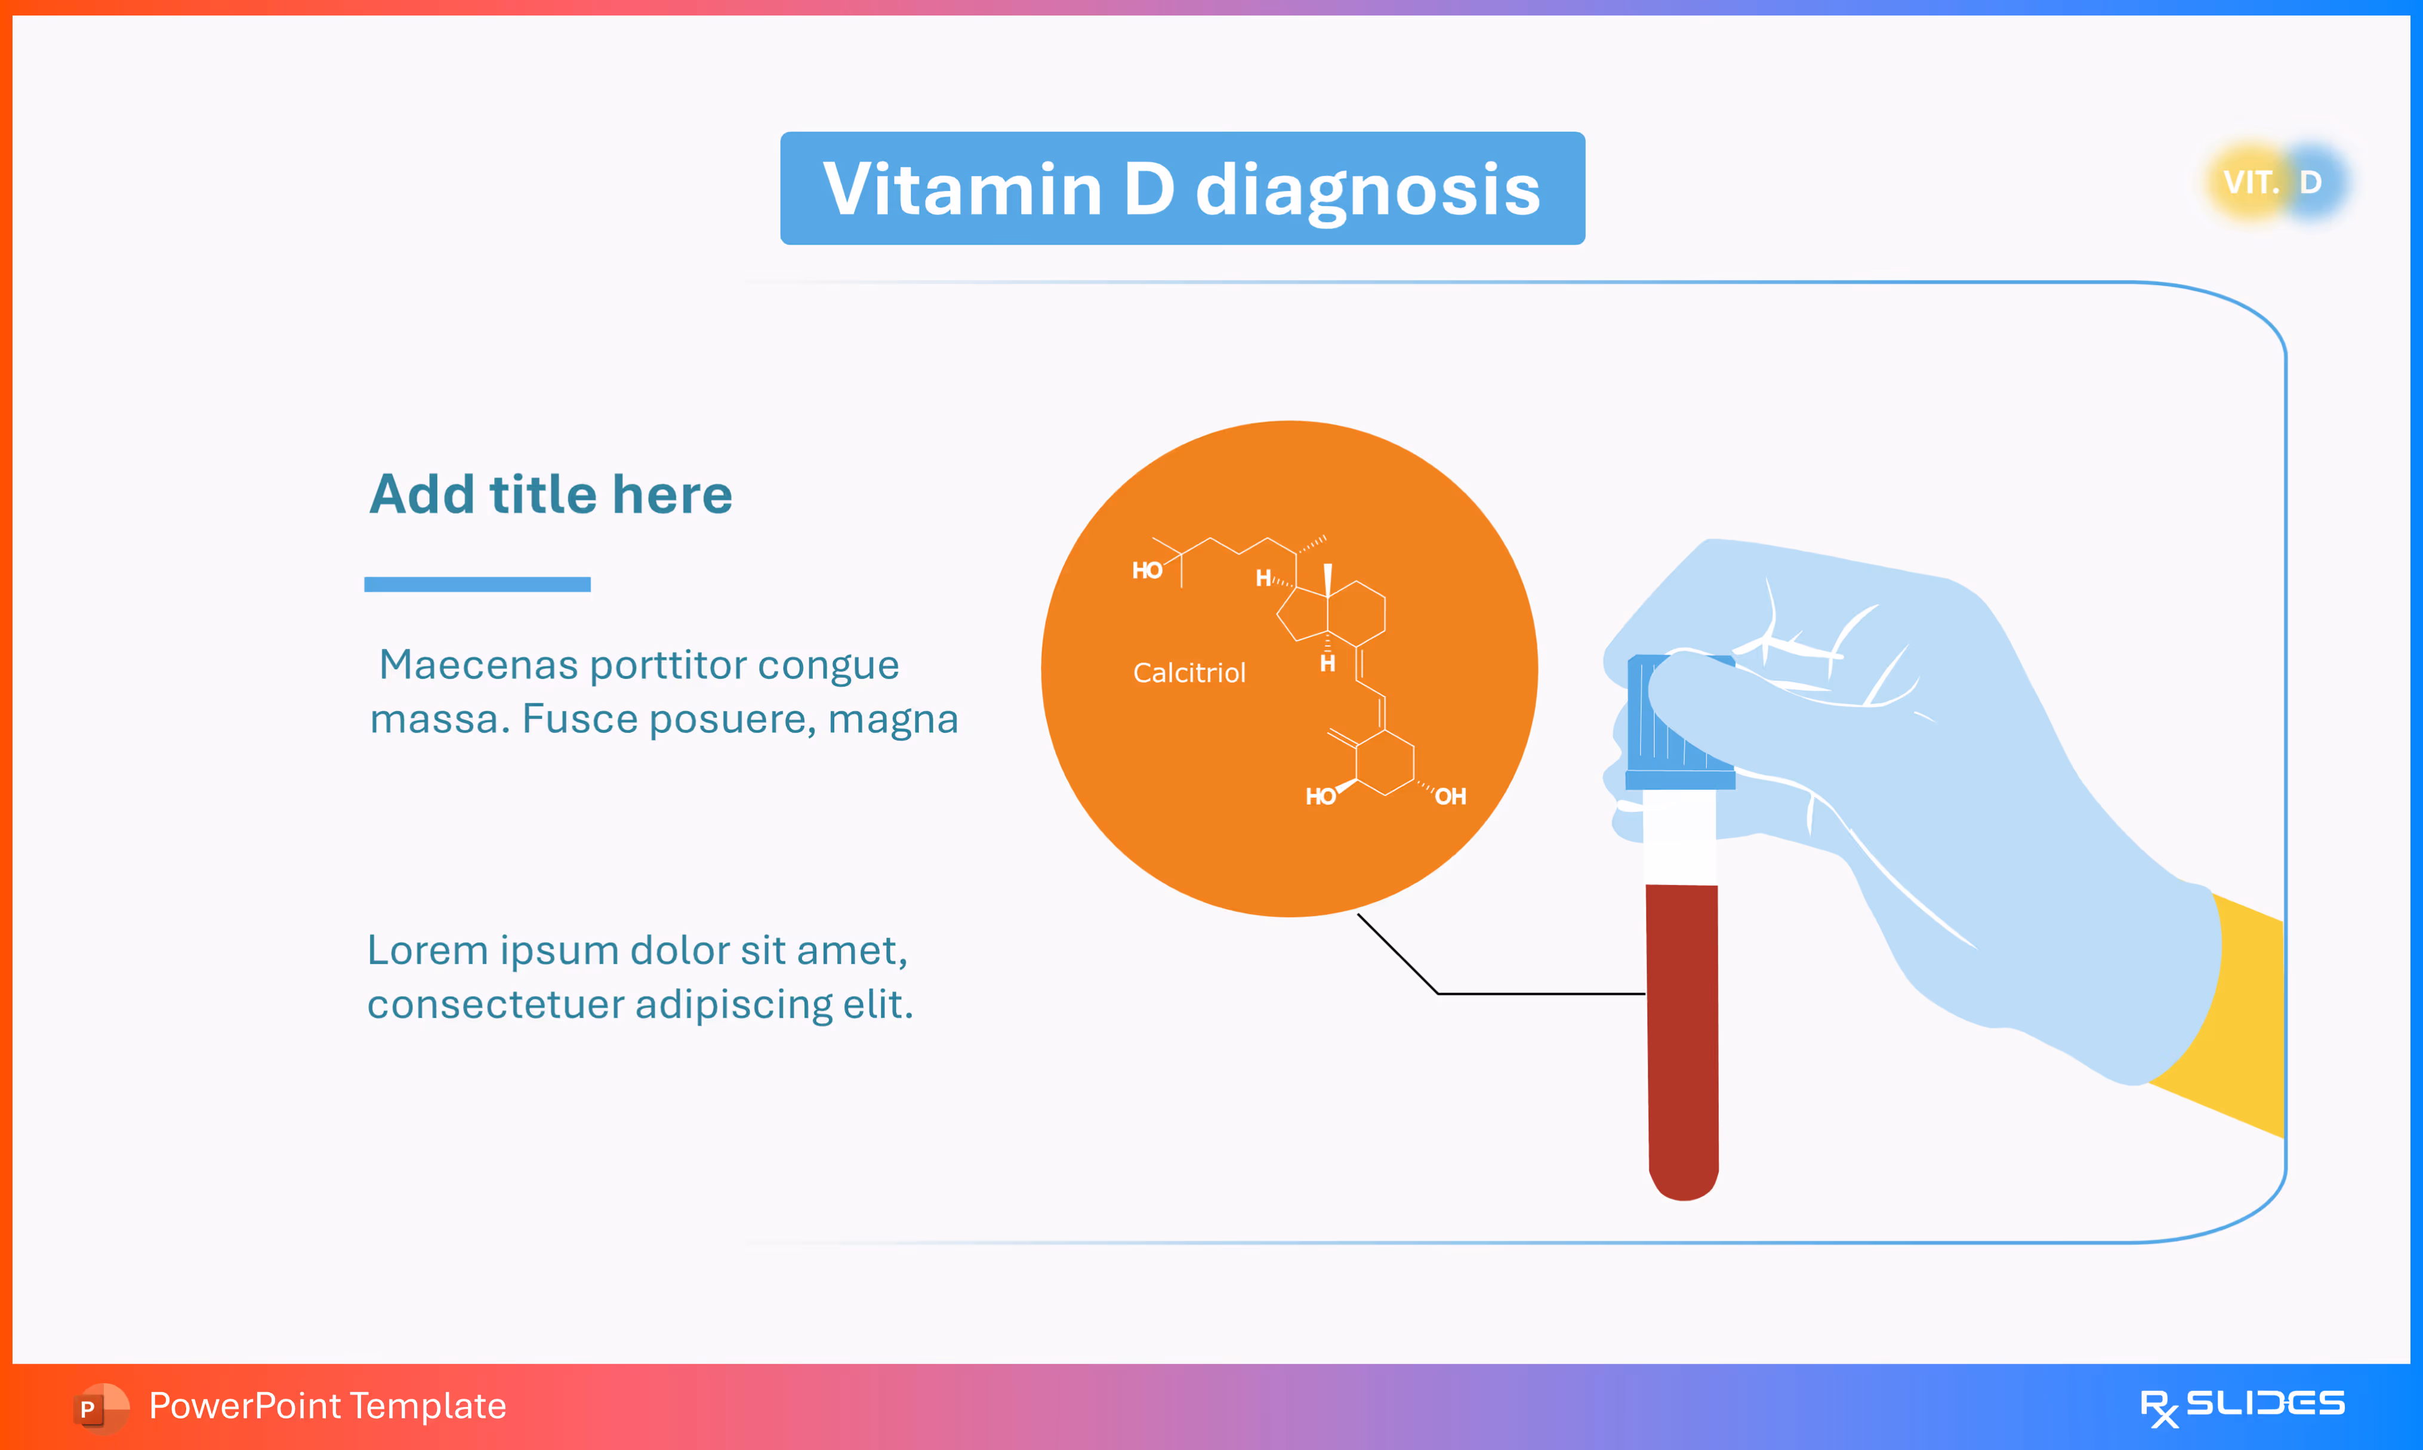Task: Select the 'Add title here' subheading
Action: (550, 495)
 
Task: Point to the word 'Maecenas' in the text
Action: (478, 665)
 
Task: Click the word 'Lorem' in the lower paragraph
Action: (426, 951)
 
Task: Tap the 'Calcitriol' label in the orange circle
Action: (1188, 673)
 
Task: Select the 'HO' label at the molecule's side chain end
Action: (1146, 570)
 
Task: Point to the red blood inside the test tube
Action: (1682, 1036)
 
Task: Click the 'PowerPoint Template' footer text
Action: (327, 1406)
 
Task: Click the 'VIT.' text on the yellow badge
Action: (2250, 183)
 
